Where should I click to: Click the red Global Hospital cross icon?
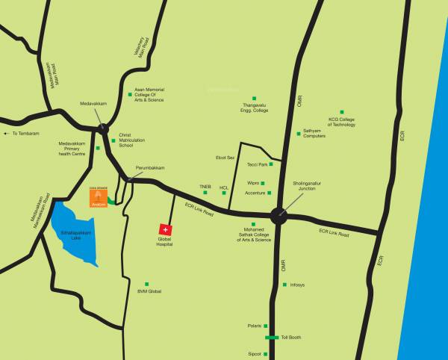(166, 229)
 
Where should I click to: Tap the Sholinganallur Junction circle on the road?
(279, 216)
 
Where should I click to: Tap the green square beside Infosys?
(284, 285)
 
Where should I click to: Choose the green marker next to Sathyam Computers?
(298, 134)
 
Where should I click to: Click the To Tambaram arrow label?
(21, 134)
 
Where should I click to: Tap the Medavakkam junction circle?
(102, 128)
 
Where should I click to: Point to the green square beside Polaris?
(264, 326)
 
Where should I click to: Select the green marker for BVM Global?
(147, 284)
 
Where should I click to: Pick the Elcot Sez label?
(225, 158)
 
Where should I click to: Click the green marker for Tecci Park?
(271, 164)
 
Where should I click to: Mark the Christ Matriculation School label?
(131, 142)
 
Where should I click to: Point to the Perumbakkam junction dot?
(129, 180)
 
